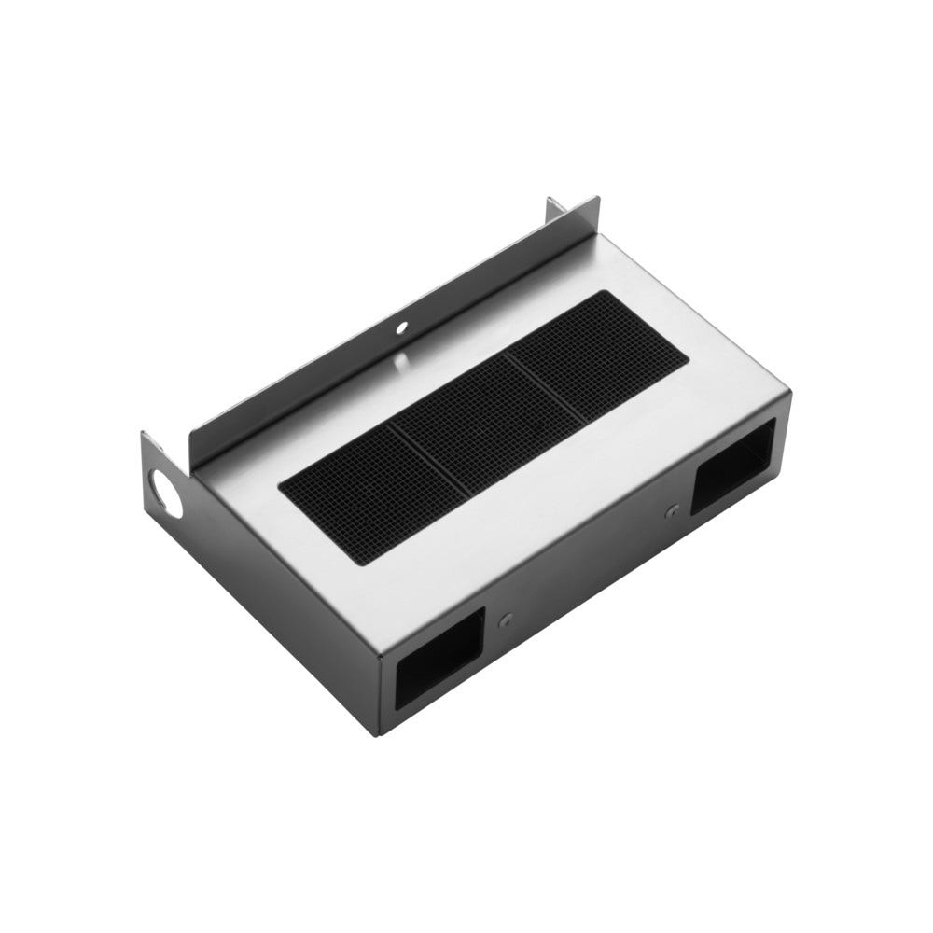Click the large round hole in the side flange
tap(168, 492)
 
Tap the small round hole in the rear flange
tap(402, 328)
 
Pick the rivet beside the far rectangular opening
tap(672, 511)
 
